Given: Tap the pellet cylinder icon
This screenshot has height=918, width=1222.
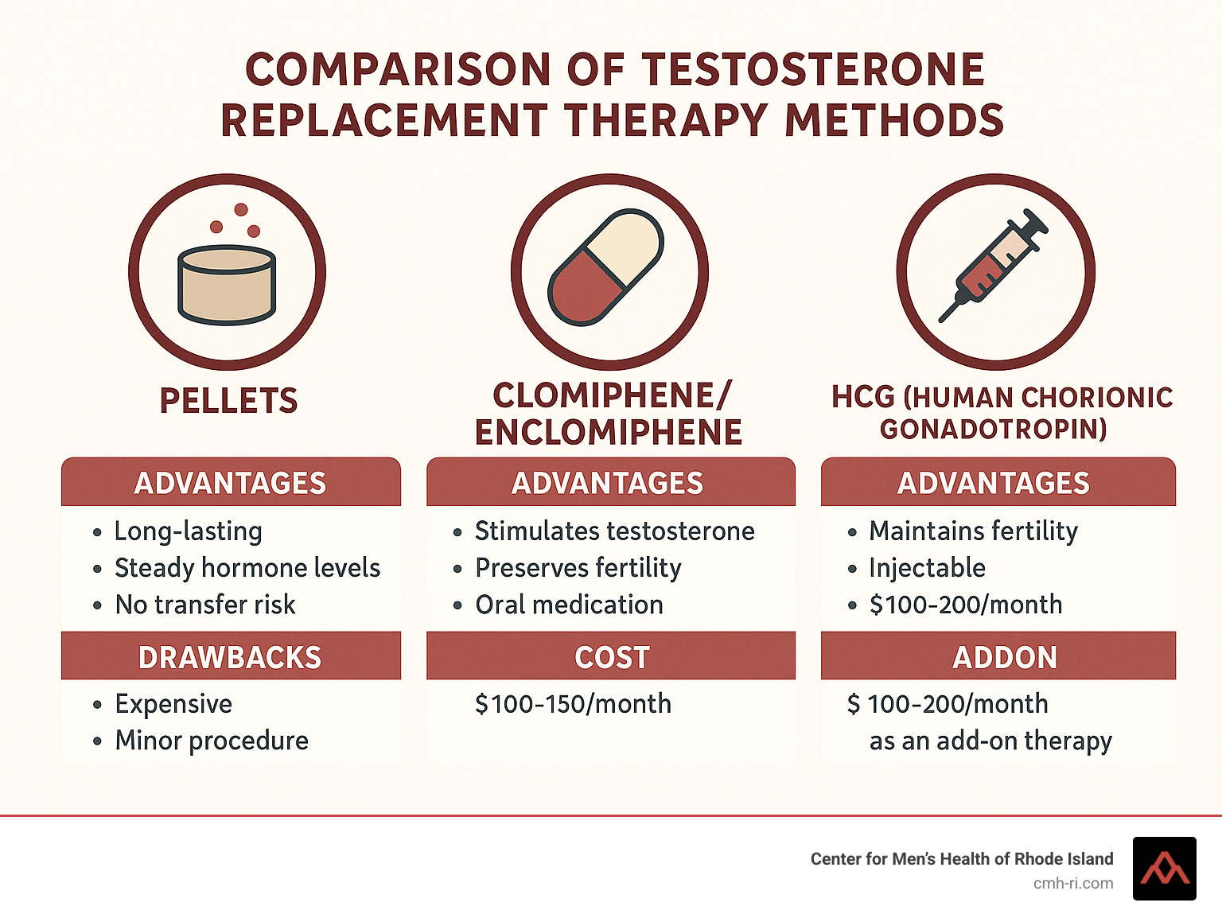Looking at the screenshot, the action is click(227, 285).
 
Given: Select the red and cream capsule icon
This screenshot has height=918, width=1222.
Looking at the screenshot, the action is click(605, 267).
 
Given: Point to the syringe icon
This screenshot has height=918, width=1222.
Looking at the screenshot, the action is click(994, 266).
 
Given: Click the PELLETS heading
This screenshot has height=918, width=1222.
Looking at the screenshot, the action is click(229, 400).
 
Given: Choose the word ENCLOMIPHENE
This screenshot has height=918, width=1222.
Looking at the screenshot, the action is click(609, 432).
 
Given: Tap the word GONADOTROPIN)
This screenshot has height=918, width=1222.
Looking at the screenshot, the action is click(993, 429).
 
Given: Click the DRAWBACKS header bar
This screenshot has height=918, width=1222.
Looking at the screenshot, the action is click(231, 655).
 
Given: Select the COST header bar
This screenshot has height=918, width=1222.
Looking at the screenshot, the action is click(611, 655).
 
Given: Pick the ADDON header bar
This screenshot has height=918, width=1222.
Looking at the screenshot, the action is click(998, 655).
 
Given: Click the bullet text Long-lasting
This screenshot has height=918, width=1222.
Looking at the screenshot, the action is click(189, 531).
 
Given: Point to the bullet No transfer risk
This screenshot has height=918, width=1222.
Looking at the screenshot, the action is click(205, 605).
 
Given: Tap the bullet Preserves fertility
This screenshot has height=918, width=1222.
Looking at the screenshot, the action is click(578, 569).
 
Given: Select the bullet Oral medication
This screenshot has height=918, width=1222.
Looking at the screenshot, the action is click(569, 605).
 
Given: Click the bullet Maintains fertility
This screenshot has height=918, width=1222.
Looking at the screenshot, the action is click(973, 531).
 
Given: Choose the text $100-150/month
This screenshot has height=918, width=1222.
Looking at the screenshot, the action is click(573, 704).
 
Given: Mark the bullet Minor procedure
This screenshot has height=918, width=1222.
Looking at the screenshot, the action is click(212, 741).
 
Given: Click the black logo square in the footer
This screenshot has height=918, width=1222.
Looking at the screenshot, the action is click(1164, 869).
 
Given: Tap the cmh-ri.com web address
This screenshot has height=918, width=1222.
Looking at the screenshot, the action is click(1072, 884).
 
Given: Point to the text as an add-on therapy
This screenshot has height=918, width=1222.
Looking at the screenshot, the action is click(990, 741).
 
